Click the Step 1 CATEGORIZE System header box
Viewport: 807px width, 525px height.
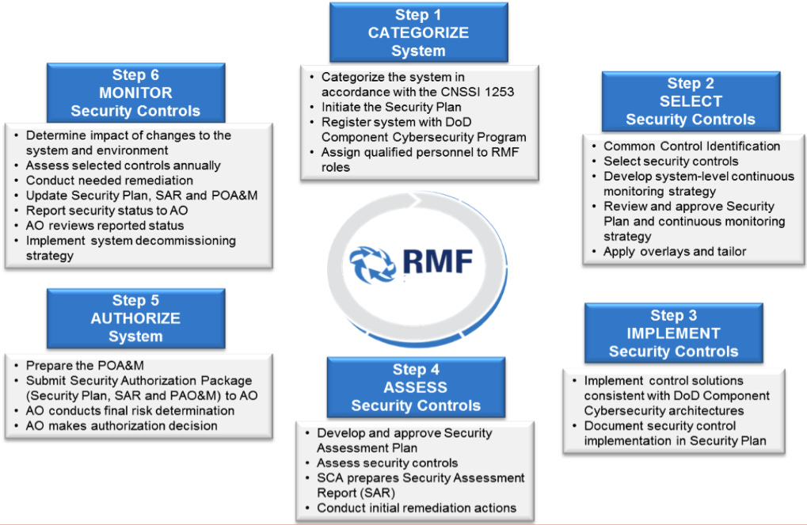[418, 32]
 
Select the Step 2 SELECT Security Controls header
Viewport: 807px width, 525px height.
[691, 101]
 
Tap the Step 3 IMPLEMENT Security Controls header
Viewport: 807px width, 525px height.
[673, 333]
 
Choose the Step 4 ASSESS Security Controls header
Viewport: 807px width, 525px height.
[416, 387]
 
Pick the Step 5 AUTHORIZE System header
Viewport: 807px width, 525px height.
[135, 318]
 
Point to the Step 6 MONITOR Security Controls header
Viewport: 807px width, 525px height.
[135, 93]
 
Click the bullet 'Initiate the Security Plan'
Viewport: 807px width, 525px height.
[391, 107]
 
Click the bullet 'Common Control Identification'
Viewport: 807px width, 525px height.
[691, 146]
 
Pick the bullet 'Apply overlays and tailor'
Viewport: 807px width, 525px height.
[675, 252]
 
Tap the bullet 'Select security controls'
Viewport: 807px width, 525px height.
[671, 161]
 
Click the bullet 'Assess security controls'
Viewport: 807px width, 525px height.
[387, 463]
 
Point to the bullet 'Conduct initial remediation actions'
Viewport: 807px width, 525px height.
[417, 508]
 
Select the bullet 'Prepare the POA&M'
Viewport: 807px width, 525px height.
[84, 365]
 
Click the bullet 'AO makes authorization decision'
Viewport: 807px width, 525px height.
[121, 425]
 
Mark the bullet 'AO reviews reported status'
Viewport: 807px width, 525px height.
[105, 226]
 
